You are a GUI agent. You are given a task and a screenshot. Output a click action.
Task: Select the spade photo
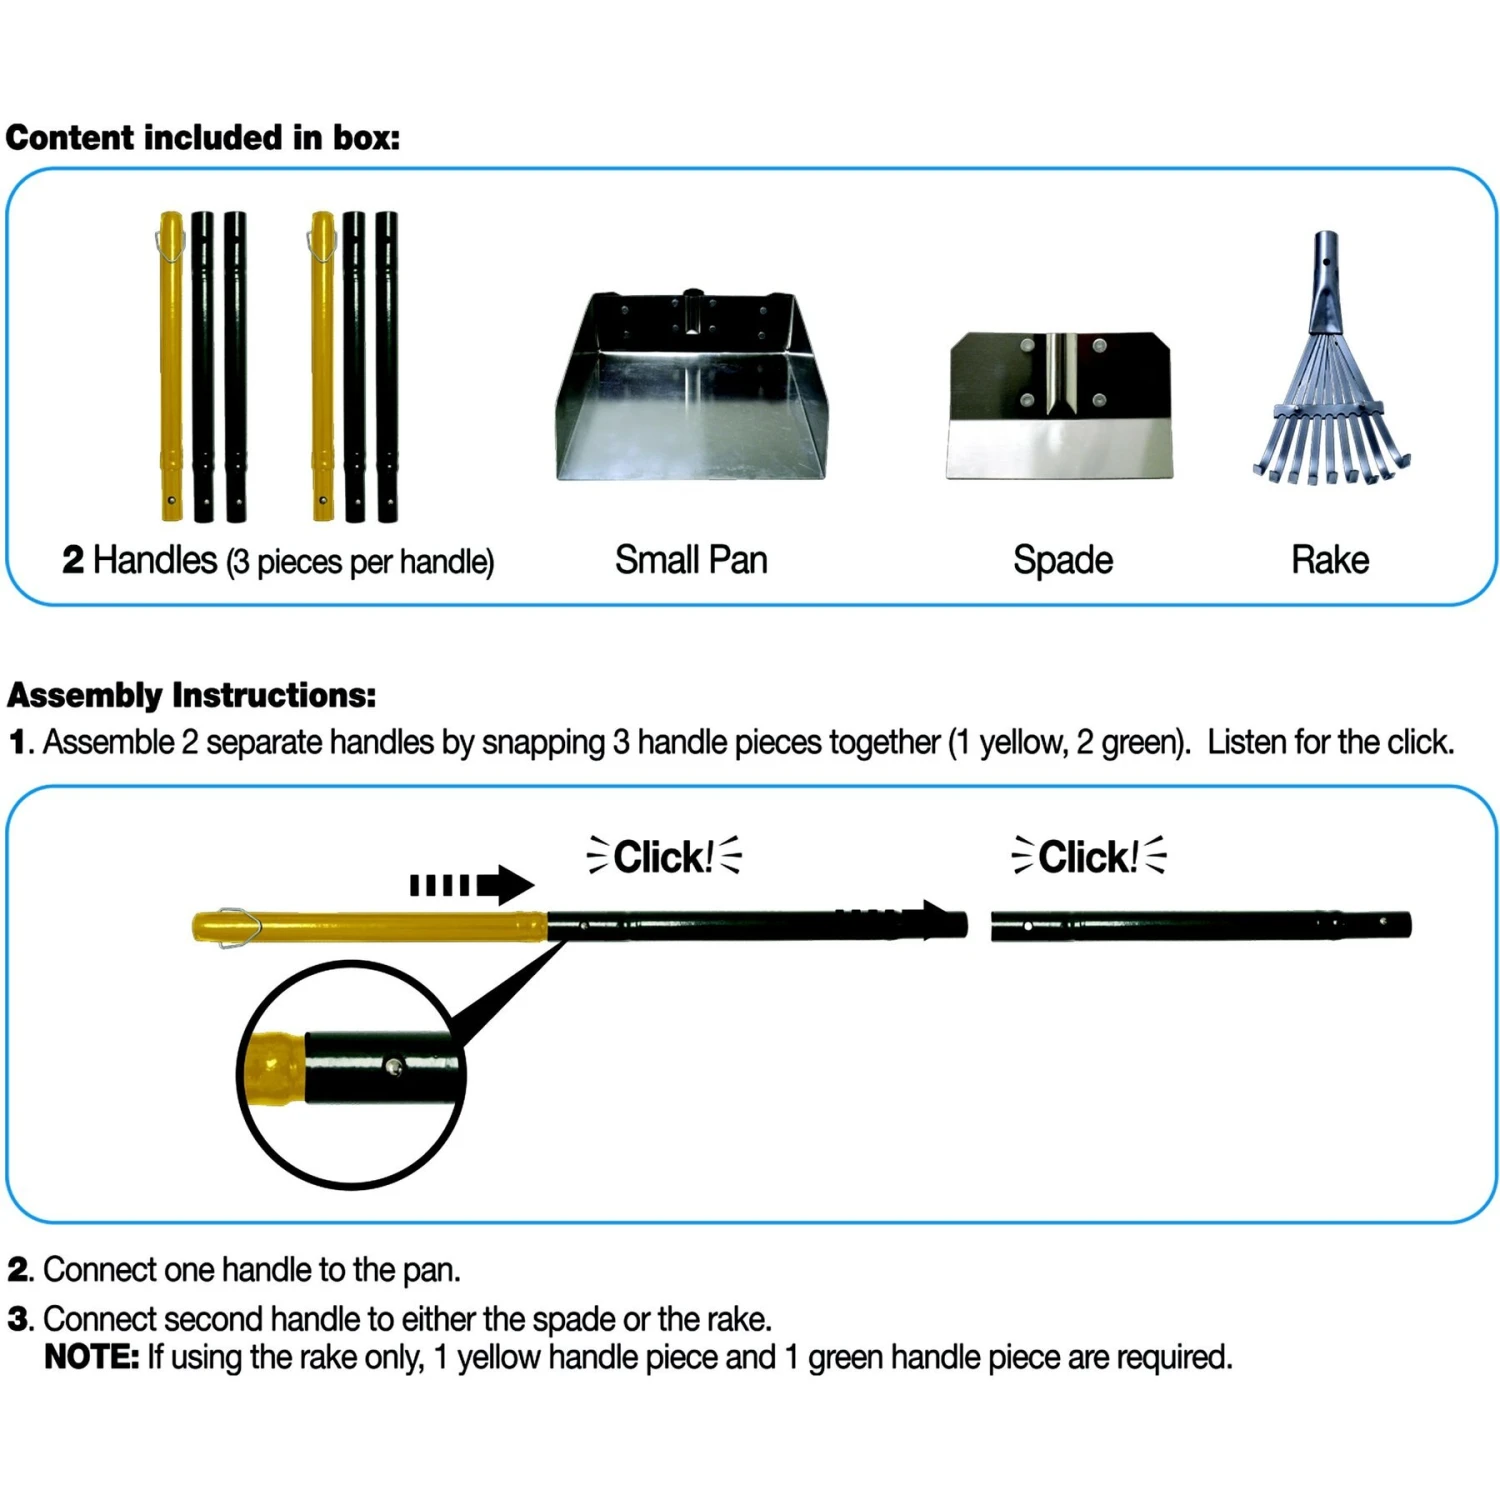coord(1059,405)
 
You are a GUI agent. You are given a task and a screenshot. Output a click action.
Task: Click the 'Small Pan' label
coord(691,560)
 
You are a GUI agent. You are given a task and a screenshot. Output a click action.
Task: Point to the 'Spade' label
coord(1062,560)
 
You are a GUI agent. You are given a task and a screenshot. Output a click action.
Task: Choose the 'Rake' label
coord(1329,560)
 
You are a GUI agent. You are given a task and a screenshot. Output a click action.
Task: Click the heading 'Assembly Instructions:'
coord(192,695)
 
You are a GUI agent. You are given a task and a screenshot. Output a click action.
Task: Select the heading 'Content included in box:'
coord(203,137)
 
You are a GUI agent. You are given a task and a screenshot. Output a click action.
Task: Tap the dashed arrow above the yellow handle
coord(472,885)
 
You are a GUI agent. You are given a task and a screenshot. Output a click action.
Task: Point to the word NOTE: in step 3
coord(91,1357)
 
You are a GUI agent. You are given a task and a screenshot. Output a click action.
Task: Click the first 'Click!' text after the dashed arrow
coord(664,857)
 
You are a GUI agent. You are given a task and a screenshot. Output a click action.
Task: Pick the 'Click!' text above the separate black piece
coord(1088,857)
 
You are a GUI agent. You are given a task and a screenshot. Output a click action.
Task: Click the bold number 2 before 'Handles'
coord(73,560)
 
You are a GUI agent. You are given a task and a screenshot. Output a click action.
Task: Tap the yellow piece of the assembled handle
coord(370,927)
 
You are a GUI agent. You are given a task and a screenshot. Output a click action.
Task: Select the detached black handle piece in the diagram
coord(1200,925)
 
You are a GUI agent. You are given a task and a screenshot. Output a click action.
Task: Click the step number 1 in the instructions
coord(18,743)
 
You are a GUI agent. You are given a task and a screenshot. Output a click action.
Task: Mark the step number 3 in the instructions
coord(18,1319)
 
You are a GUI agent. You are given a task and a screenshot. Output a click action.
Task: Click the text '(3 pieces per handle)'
coord(360,562)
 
